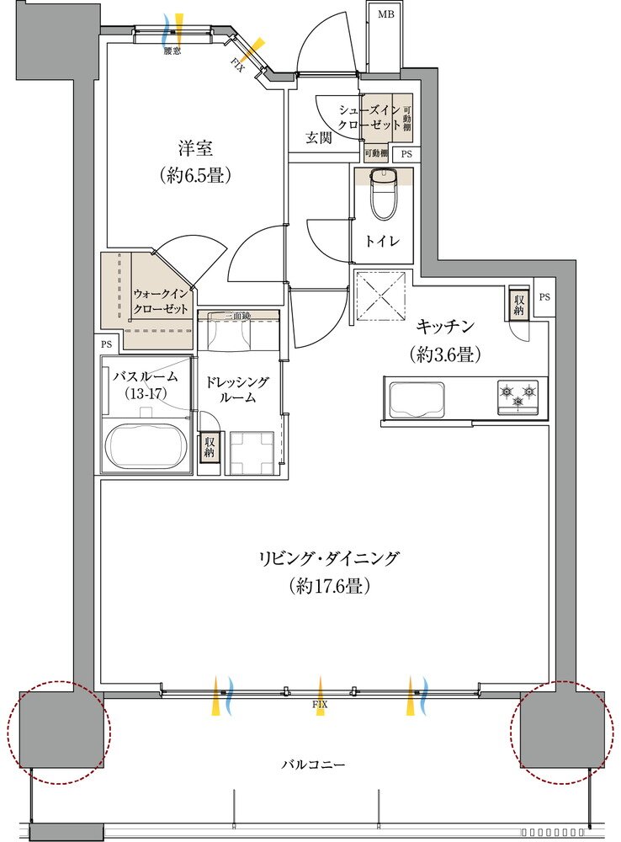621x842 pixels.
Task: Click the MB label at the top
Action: tap(385, 14)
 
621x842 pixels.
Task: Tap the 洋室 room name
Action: tap(194, 148)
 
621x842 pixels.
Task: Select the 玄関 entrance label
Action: tap(317, 137)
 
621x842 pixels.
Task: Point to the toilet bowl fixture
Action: tap(384, 195)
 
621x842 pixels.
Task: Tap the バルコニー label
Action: tap(313, 765)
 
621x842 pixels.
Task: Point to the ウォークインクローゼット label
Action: tap(162, 301)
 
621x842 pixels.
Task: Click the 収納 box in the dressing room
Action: tap(208, 447)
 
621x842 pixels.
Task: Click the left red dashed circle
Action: tap(58, 733)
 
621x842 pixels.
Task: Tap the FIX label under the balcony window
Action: tap(319, 703)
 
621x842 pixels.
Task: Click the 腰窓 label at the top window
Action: tap(172, 51)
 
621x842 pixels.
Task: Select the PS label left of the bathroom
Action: tap(107, 344)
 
